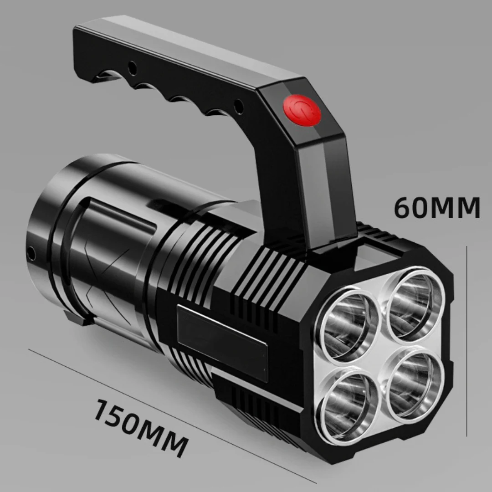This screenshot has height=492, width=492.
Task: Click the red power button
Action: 302,110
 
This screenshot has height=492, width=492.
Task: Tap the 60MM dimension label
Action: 437,207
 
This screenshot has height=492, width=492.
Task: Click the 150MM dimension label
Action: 142,428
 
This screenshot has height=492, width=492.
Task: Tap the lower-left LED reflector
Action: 347,405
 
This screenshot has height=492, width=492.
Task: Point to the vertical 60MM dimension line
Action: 466,341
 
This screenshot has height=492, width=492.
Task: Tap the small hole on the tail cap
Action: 31,253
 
